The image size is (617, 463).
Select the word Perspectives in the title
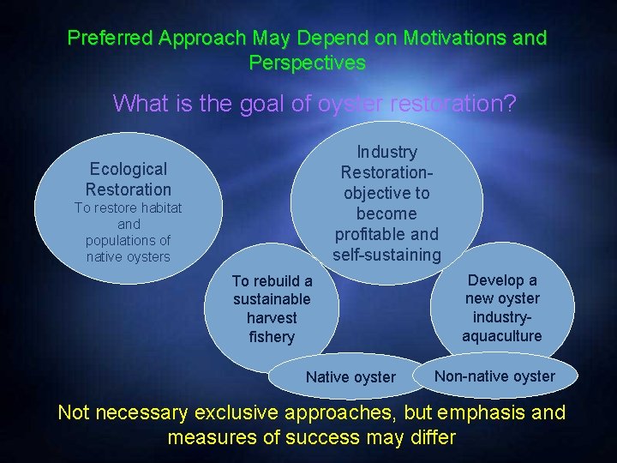click(307, 63)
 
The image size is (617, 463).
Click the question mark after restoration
click(510, 104)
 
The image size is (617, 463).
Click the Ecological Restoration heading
click(129, 179)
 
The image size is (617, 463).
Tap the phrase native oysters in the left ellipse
click(129, 256)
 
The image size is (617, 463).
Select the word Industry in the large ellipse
click(386, 152)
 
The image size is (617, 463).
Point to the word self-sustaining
click(386, 255)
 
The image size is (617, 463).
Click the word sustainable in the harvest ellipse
click(272, 299)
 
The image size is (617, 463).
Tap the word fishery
click(272, 337)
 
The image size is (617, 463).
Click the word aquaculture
click(502, 335)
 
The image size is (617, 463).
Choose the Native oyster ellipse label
click(350, 377)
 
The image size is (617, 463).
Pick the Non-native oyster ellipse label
click(494, 376)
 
